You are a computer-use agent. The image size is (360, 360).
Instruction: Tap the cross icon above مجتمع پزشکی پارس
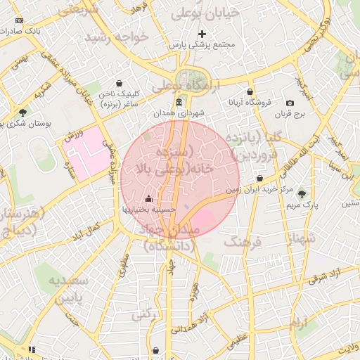(202, 34)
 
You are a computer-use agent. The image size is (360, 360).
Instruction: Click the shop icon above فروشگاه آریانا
(250, 92)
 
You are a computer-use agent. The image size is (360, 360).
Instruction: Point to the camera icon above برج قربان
(290, 103)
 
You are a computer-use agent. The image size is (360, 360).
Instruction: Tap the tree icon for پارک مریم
(302, 194)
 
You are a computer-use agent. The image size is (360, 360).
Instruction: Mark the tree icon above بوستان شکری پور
(23, 112)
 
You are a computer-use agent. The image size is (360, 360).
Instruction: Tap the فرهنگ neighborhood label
(243, 242)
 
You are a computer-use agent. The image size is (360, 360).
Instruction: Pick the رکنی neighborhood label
(143, 315)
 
